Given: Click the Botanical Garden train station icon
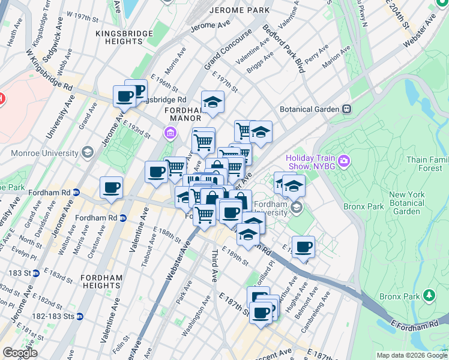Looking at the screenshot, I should coord(346,110).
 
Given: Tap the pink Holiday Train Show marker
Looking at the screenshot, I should coord(343,160).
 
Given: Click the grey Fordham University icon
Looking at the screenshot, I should coord(296,208).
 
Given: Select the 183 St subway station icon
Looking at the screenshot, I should coord(36,273).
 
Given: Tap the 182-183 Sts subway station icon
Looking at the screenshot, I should coord(80,316).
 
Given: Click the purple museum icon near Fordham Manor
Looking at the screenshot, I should coord(170,133).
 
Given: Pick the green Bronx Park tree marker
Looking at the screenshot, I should coord(429,295).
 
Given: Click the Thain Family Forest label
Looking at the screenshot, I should coord(427,164).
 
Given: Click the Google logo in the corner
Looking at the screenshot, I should coord(20,353).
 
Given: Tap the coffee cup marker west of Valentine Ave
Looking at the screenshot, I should coord(111,188).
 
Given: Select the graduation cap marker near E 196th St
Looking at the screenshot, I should coord(212,103).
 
